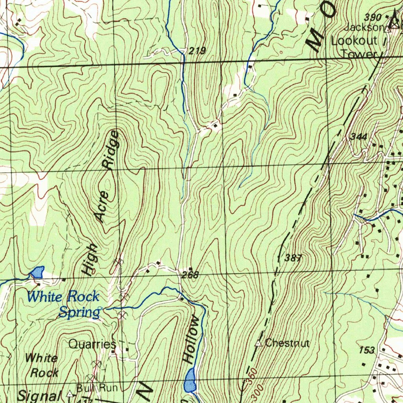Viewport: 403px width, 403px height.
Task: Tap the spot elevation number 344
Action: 358,137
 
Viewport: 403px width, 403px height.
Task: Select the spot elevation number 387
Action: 293,258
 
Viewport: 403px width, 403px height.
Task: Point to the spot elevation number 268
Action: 190,275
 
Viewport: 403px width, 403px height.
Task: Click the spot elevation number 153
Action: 367,350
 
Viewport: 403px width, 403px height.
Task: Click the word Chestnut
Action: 287,343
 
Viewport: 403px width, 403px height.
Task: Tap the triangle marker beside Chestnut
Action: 259,344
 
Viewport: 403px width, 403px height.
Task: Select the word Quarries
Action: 92,344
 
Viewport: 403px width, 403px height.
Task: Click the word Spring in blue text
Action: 79,312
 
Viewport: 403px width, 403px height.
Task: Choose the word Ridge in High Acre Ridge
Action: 111,150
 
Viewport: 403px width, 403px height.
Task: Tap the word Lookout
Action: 354,41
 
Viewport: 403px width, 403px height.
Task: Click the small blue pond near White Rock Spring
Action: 37,272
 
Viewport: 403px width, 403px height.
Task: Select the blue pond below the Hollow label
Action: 190,380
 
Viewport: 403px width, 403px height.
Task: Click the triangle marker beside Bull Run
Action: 70,393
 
